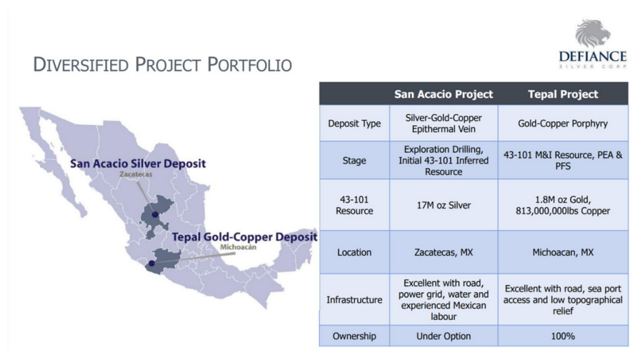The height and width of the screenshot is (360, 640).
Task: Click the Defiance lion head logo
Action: [x=592, y=33]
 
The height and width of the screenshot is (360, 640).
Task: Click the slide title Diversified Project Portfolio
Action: [x=162, y=64]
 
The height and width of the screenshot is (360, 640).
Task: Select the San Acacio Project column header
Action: [x=444, y=94]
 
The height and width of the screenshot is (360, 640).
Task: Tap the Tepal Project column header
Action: [x=563, y=94]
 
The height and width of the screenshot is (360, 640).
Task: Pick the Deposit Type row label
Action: [x=354, y=123]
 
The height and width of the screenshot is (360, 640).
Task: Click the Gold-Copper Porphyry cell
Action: [x=563, y=123]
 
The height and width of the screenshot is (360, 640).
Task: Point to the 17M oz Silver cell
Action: [x=444, y=205]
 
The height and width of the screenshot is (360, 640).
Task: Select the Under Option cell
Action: [x=444, y=336]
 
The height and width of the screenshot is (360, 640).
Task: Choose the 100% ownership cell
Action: [x=563, y=336]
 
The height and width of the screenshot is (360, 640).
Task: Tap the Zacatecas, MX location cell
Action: [x=444, y=252]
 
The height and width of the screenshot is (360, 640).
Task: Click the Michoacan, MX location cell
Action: [x=563, y=252]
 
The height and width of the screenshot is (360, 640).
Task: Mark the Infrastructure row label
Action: [x=354, y=299]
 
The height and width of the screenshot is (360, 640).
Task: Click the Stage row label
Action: [x=354, y=161]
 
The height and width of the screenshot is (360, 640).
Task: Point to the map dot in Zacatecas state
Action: [x=155, y=215]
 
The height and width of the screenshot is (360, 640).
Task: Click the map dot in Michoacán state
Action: [x=151, y=263]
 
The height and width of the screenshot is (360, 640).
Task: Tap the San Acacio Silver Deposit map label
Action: [x=138, y=164]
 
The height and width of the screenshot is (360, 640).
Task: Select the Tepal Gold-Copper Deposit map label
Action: [x=244, y=237]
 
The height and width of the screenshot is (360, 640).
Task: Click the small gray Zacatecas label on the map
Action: [x=136, y=174]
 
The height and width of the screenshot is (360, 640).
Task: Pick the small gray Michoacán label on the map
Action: [x=238, y=247]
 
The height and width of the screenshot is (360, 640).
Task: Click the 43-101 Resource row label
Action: [x=354, y=205]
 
